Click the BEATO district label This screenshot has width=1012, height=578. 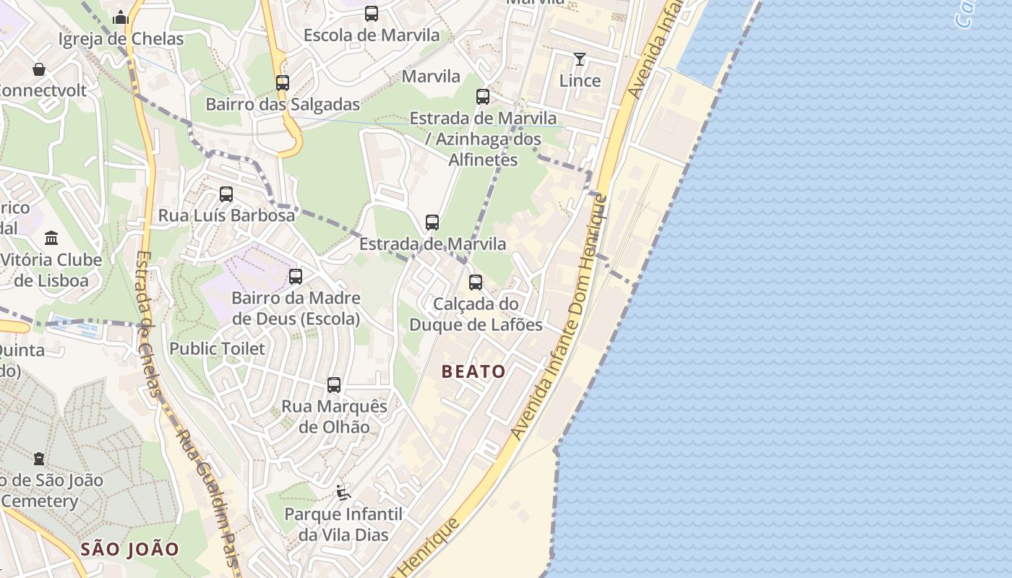coord(473,371)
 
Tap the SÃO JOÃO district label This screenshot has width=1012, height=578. coord(129,549)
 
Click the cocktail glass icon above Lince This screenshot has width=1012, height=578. coord(580,59)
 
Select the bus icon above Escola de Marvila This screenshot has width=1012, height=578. coord(372,14)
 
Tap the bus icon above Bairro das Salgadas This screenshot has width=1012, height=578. coord(283,83)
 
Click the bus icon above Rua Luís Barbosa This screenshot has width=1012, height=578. coord(226,194)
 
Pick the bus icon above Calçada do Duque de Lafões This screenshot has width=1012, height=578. coord(476,282)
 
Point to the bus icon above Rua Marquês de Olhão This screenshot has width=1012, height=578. coord(334,385)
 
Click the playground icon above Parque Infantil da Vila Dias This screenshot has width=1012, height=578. coord(343,493)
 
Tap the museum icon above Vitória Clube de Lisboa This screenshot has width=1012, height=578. coord(51,238)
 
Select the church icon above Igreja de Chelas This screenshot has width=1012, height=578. coord(121,17)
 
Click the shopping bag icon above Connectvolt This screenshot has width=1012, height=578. coord(39,69)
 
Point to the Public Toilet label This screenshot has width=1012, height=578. coord(217,348)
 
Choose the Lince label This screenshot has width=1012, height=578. coord(580,80)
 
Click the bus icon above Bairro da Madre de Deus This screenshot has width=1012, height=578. coord(296,276)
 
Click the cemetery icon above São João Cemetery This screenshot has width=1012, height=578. coord(39,459)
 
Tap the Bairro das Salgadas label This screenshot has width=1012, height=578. coord(283,104)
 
